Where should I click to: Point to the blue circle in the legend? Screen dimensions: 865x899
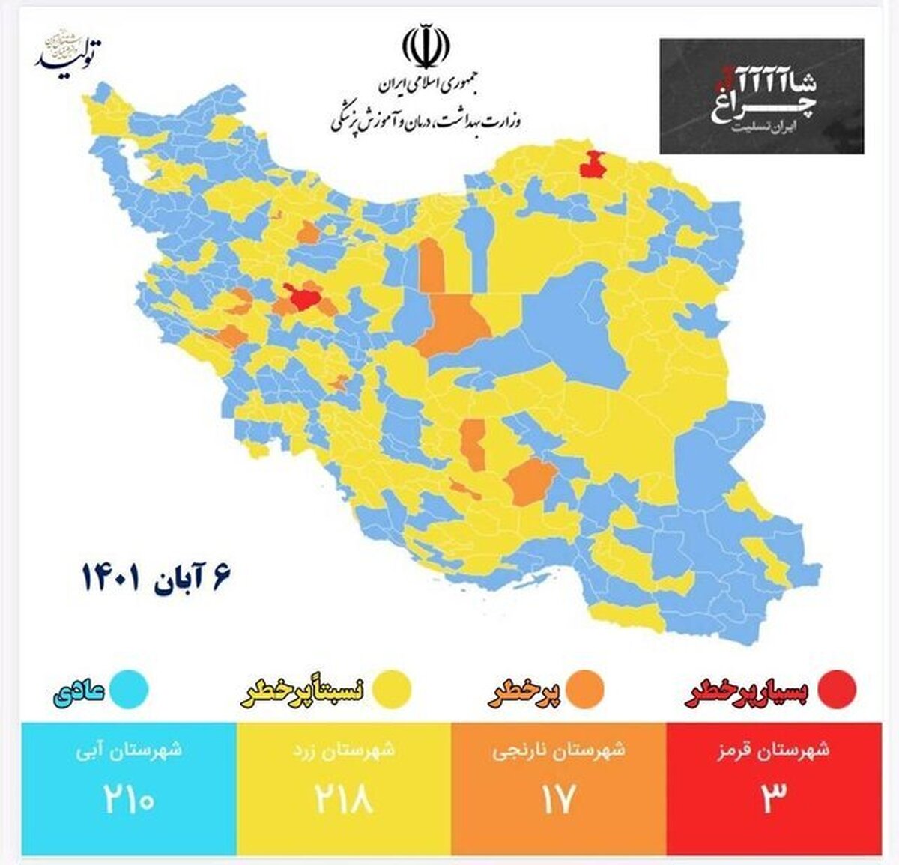(x=130, y=689)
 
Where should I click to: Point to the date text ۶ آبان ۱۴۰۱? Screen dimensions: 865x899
(x=157, y=576)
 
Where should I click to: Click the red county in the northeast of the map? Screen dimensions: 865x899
(x=594, y=164)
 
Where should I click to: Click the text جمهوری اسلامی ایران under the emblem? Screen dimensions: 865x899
(x=426, y=88)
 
